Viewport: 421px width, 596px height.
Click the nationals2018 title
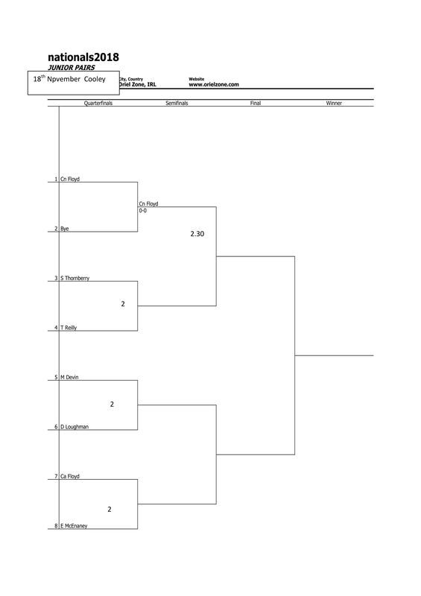(83, 57)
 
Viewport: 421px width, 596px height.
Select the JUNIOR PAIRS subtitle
(71, 68)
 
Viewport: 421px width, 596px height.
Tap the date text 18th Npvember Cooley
(69, 79)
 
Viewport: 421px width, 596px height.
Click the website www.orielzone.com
(214, 85)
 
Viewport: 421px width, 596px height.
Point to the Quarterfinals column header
(98, 103)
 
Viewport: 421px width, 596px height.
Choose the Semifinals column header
(177, 103)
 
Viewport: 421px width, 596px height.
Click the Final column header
(256, 103)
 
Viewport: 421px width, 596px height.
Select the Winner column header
(334, 103)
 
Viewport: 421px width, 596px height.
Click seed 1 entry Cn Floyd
(70, 179)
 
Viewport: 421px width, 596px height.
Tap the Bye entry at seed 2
(65, 229)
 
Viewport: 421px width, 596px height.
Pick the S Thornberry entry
(75, 278)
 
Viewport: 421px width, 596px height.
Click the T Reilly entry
(69, 328)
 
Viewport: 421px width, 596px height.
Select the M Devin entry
(69, 378)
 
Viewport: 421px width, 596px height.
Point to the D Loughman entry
(75, 427)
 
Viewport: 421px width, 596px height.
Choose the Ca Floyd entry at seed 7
(70, 476)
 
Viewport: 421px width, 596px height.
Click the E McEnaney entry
(74, 526)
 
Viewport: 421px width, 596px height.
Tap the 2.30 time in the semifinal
(197, 234)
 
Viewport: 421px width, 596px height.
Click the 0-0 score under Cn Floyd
(142, 211)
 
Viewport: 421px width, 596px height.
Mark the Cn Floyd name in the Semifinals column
(148, 203)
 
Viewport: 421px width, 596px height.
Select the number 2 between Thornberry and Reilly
(123, 304)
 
